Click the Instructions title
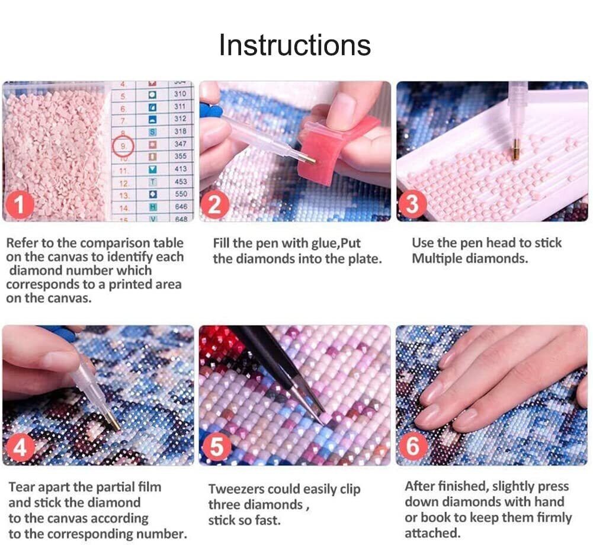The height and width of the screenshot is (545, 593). pos(295,45)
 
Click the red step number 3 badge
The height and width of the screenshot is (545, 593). pos(412,204)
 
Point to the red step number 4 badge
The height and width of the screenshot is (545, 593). pos(20,448)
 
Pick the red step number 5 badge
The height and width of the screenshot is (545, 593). pos(216,447)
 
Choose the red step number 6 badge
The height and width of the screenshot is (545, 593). pos(412,446)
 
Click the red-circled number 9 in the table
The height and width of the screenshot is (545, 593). pos(123,146)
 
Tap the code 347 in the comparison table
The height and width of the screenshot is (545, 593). pos(181,144)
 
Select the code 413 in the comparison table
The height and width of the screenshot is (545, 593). pos(181,169)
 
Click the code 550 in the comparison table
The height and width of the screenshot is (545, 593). pos(181,194)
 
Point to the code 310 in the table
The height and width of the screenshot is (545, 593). pos(180,94)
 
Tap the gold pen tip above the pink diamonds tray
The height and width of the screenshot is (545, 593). pos(515,149)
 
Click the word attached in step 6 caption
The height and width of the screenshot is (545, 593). pos(432,533)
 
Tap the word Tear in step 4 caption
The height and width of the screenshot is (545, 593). pos(20,487)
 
